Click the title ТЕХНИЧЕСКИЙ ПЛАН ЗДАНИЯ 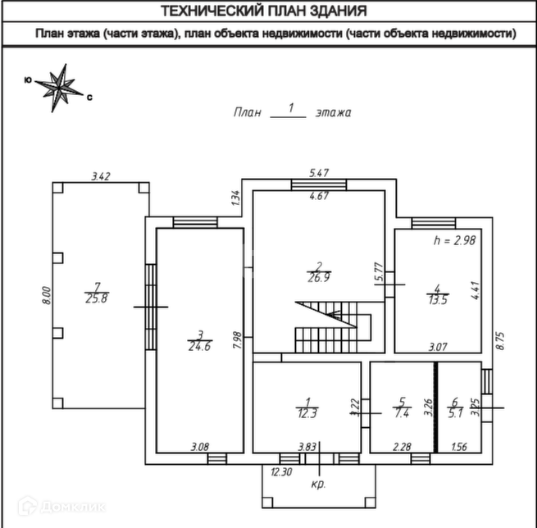click(263, 11)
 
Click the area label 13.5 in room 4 click(437, 300)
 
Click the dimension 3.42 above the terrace click(101, 175)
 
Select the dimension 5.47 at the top click(319, 173)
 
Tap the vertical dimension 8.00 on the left click(47, 295)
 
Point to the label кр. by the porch click(319, 485)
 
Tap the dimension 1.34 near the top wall click(235, 198)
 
